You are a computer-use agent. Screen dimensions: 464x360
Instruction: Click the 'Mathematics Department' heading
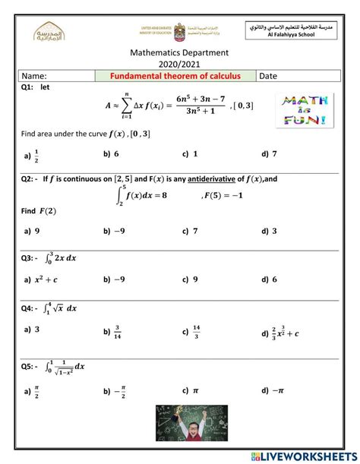(x=180, y=53)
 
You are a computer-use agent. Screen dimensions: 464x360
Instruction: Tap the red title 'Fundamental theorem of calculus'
(x=175, y=76)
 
